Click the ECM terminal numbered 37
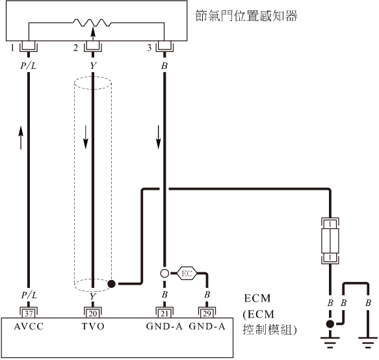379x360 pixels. pyautogui.click(x=29, y=313)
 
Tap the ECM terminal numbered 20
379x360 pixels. pyautogui.click(x=93, y=313)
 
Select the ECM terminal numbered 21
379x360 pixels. pyautogui.click(x=164, y=313)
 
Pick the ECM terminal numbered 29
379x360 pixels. pyautogui.click(x=207, y=313)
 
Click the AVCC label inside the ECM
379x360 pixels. pyautogui.click(x=29, y=327)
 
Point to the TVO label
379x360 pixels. pyautogui.click(x=93, y=327)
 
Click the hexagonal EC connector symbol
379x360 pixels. pyautogui.click(x=187, y=274)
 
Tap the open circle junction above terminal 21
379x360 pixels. pyautogui.click(x=164, y=274)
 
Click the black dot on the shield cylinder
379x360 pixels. pyautogui.click(x=111, y=284)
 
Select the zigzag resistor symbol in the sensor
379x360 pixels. pyautogui.click(x=92, y=23)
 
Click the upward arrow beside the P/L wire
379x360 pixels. pyautogui.click(x=21, y=138)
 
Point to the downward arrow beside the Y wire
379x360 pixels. pyautogui.click(x=86, y=137)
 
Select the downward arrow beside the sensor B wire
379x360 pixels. pyautogui.click(x=159, y=137)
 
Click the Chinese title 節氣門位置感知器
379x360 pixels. pyautogui.click(x=246, y=16)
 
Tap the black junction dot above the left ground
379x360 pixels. pyautogui.click(x=330, y=324)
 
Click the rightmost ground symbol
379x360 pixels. pyautogui.click(x=368, y=342)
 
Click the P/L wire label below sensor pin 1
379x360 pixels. pyautogui.click(x=29, y=66)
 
